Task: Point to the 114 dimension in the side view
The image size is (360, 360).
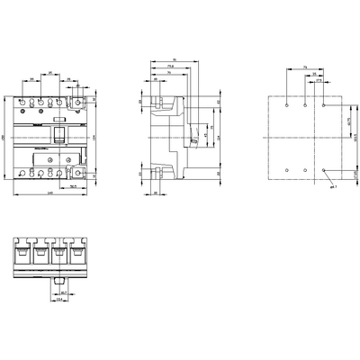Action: click(x=213, y=137)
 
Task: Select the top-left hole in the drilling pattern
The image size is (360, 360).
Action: click(x=286, y=105)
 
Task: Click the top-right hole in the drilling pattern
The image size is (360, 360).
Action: click(x=323, y=105)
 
